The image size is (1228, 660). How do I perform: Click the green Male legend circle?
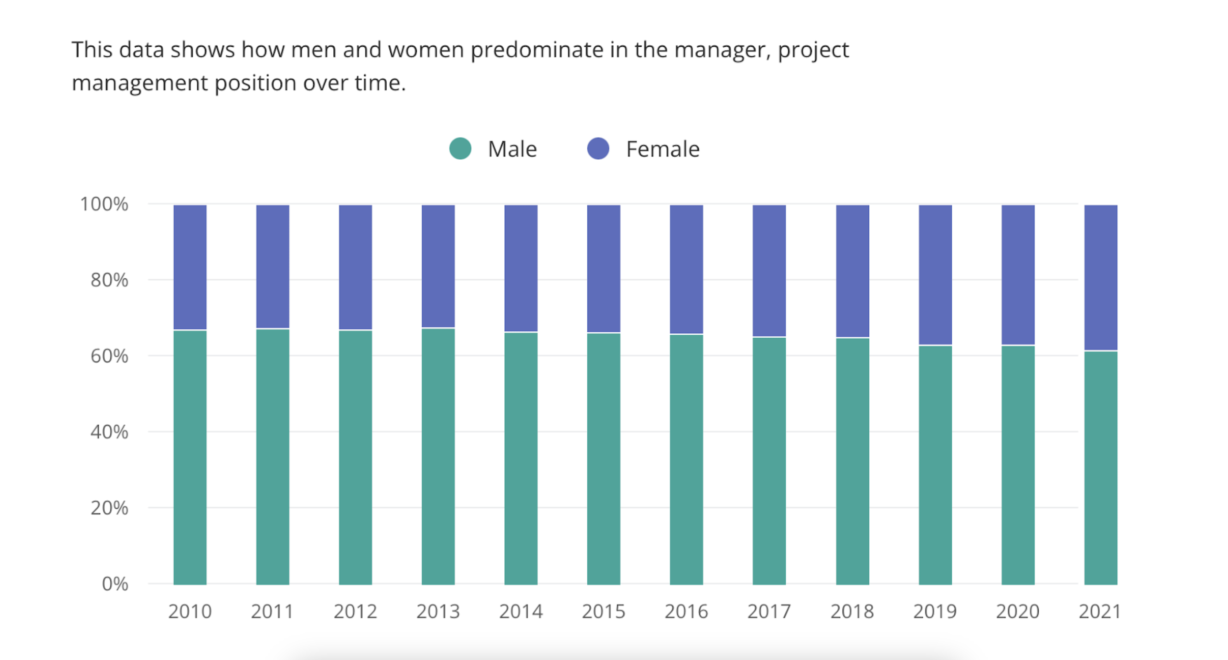click(x=460, y=149)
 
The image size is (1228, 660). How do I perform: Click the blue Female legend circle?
click(x=598, y=149)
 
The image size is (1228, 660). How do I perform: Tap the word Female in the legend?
click(x=662, y=149)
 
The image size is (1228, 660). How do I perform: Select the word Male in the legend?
click(x=512, y=149)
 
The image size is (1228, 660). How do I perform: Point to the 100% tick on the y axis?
click(x=104, y=204)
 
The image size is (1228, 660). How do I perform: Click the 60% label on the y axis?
click(x=109, y=356)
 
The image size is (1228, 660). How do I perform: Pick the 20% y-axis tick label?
click(x=109, y=508)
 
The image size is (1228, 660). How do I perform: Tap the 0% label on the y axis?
click(x=115, y=584)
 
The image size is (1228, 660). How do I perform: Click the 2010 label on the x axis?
click(x=190, y=611)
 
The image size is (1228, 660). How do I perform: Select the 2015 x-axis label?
click(x=603, y=611)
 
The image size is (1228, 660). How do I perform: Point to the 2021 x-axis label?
click(x=1100, y=611)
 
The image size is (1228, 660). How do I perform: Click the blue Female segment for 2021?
click(x=1101, y=277)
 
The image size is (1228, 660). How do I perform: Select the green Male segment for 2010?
click(x=190, y=458)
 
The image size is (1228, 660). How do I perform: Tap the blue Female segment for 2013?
click(x=438, y=266)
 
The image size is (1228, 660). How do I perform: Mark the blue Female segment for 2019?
click(x=935, y=274)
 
